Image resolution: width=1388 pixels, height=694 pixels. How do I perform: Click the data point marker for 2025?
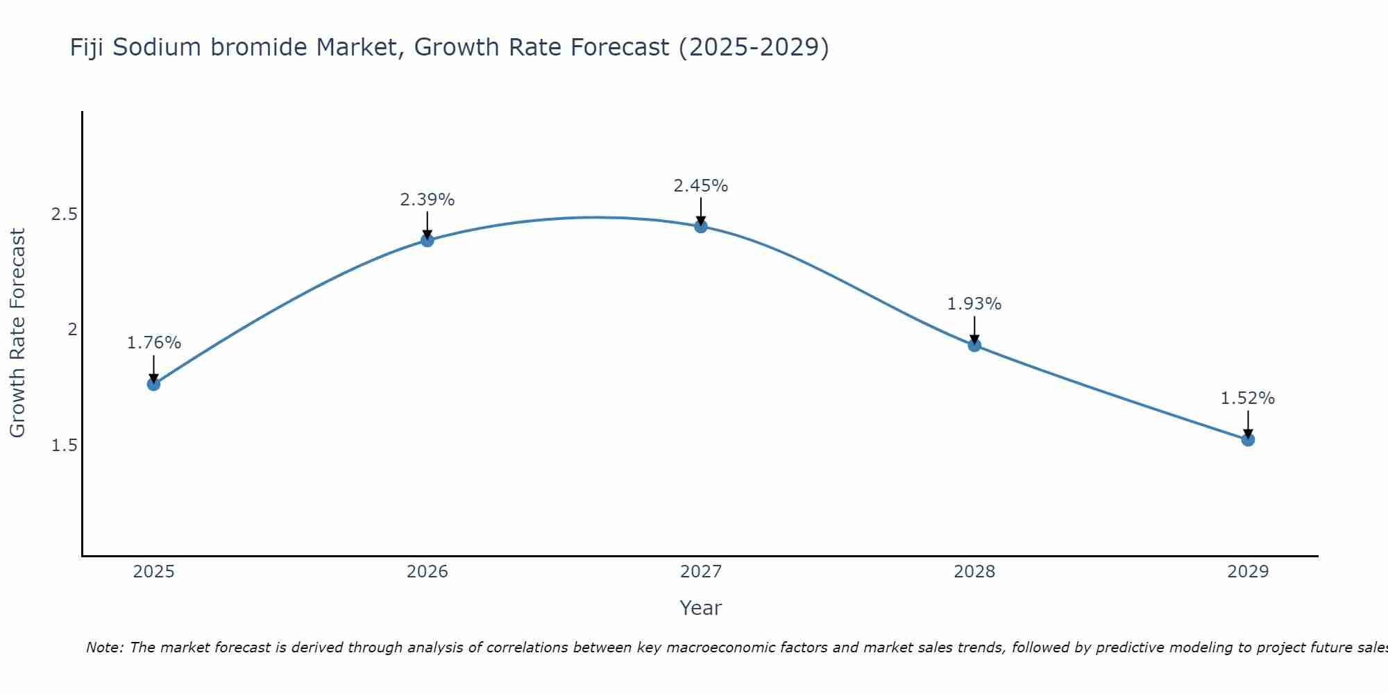[154, 384]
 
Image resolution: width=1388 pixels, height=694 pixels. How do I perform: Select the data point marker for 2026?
[428, 240]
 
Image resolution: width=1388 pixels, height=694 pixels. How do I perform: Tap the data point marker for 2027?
[701, 226]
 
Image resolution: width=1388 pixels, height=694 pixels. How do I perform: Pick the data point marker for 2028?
[974, 345]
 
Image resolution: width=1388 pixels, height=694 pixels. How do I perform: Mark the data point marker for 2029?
[1248, 439]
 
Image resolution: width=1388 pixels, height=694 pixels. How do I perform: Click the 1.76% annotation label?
[154, 343]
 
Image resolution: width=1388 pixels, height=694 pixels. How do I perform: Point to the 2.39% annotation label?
[428, 200]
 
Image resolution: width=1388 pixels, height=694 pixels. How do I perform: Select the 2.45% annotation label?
[701, 186]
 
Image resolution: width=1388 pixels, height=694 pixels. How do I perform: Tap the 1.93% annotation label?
[974, 304]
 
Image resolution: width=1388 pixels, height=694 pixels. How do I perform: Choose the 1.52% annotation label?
[1248, 398]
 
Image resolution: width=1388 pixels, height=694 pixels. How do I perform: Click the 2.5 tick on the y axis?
[64, 214]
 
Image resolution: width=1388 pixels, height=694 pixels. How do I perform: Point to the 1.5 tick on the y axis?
[64, 446]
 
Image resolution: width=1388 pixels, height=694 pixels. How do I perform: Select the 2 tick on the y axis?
[72, 330]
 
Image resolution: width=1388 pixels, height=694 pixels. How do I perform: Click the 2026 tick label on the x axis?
[428, 572]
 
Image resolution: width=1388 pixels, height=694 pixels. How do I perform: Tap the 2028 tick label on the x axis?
[974, 572]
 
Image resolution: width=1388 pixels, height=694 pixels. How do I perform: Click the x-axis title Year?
[701, 608]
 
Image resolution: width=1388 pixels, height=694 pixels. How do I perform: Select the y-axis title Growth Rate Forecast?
[17, 333]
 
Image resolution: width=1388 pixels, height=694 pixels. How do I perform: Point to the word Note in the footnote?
[104, 648]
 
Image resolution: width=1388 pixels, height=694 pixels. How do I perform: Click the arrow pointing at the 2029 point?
[1248, 425]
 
